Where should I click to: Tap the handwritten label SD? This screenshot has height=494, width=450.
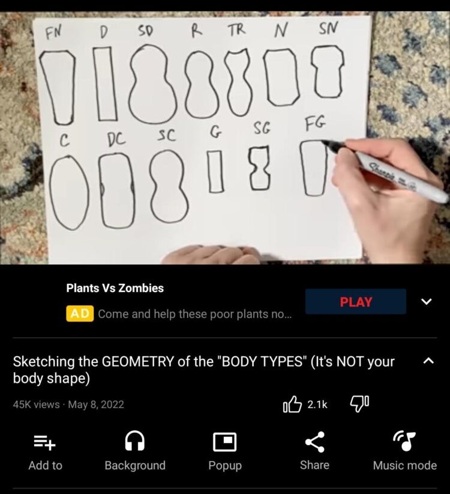(x=146, y=31)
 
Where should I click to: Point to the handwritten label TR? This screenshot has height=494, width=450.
(x=236, y=30)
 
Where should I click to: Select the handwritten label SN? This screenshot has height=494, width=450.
(x=328, y=28)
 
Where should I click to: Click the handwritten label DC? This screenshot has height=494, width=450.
(x=116, y=139)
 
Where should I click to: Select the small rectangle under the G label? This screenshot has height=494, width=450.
(x=215, y=171)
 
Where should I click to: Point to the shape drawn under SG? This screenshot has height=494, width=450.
(x=260, y=168)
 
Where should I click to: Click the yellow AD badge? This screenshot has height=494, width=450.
(x=80, y=314)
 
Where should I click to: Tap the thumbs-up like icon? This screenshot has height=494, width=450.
(x=292, y=404)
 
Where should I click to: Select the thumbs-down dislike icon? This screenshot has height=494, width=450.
(x=359, y=404)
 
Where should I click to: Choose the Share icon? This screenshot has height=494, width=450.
(x=315, y=442)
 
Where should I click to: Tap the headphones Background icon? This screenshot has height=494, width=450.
(x=135, y=441)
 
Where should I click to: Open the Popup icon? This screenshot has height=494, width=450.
(x=225, y=442)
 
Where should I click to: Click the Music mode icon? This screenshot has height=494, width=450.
(x=405, y=441)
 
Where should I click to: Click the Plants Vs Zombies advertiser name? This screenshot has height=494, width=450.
(x=115, y=288)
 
